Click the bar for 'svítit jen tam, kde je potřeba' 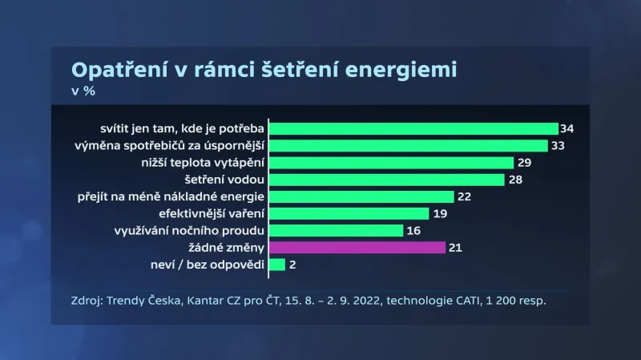coord(413,128)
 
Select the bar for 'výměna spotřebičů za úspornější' coord(409,145)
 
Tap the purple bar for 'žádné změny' coord(357,247)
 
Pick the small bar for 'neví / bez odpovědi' coord(277,264)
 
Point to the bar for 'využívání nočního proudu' coord(337,230)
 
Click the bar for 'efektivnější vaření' coord(349,213)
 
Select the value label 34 coord(567,128)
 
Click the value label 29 coord(525,163)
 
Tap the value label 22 coord(465,196)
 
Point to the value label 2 coord(292,264)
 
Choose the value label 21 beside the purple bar coord(455,247)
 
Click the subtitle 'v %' coord(83,91)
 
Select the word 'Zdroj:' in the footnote coord(87,301)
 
